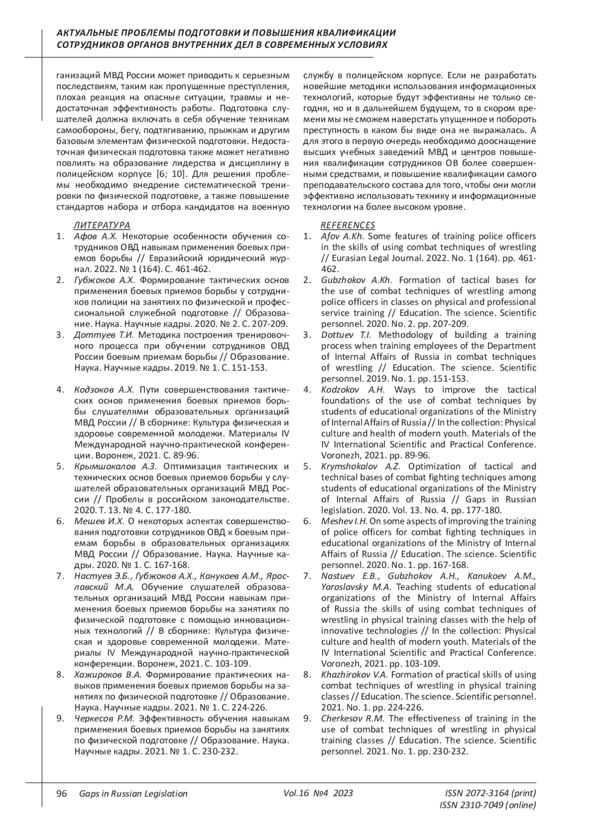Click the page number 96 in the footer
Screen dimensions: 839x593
62,794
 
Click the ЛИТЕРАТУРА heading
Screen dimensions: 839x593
102,225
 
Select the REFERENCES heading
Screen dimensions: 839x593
348,225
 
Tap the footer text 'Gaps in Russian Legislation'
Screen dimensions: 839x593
133,794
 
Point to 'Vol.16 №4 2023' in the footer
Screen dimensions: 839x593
318,793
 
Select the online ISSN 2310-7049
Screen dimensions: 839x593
487,805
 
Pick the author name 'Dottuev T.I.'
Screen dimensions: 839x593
342,335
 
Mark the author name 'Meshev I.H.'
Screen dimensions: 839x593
344,521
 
